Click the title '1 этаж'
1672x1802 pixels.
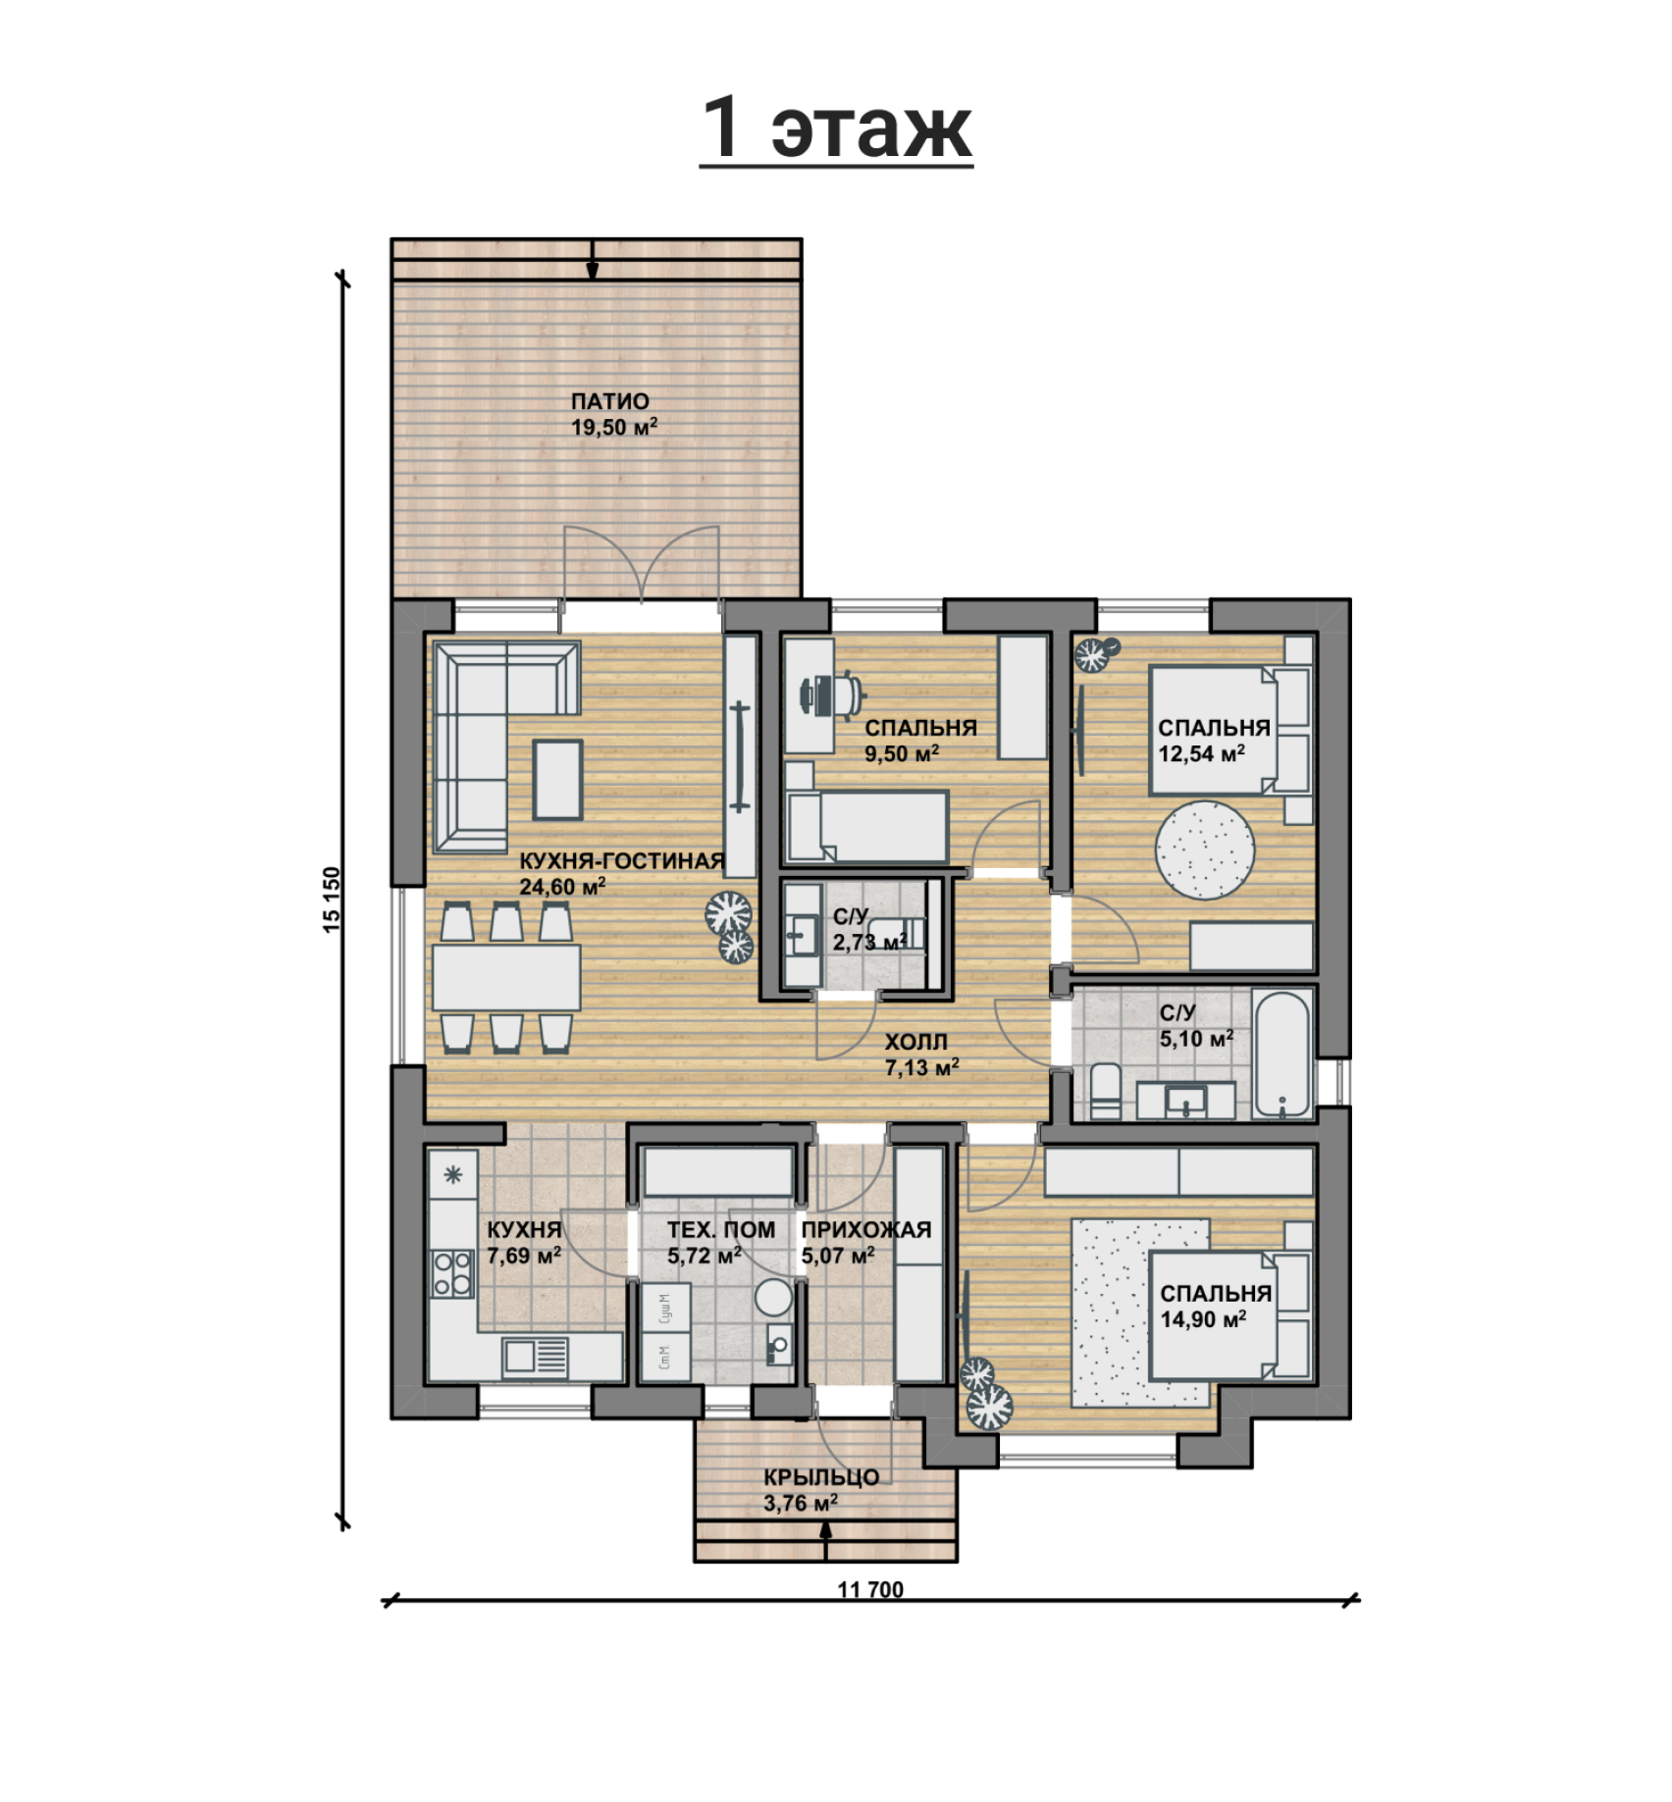tap(836, 129)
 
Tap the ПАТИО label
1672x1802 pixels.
tap(610, 401)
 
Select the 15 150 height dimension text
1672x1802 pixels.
tap(332, 899)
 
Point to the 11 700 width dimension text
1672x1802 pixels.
tap(871, 1590)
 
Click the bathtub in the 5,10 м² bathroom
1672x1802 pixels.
tap(1282, 1054)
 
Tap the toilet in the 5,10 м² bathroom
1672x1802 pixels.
tap(1106, 1090)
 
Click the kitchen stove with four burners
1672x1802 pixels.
tap(452, 1272)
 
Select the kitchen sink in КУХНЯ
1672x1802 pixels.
tap(535, 1357)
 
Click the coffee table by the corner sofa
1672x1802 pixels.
tap(558, 779)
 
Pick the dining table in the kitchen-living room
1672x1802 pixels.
tap(506, 977)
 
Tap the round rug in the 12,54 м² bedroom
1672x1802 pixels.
tap(1204, 850)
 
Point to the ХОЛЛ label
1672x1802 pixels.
tap(915, 1042)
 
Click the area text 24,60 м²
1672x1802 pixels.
tap(562, 887)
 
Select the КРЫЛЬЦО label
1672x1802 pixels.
tap(821, 1476)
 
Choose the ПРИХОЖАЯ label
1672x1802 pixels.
tap(866, 1229)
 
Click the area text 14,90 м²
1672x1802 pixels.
tap(1203, 1319)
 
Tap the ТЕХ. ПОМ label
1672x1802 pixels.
tap(721, 1229)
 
